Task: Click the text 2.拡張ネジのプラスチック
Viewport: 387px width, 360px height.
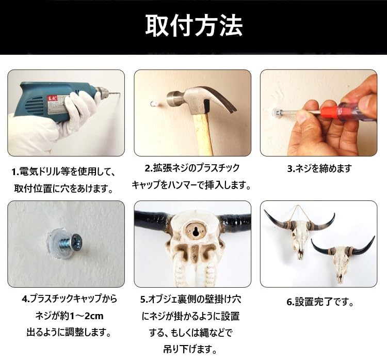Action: click(192, 168)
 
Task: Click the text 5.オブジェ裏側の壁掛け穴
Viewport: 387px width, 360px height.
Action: click(192, 299)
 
